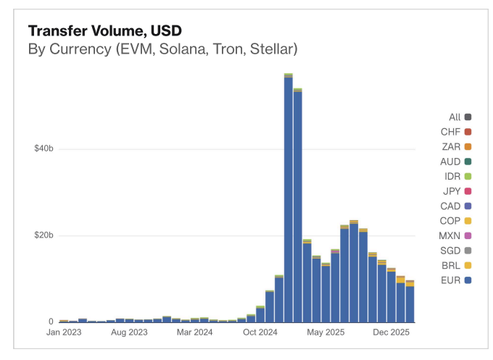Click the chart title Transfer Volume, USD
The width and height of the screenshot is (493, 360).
[x=105, y=31]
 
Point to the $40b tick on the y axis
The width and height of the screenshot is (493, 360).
[x=43, y=148]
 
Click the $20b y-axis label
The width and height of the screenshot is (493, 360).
[x=43, y=235]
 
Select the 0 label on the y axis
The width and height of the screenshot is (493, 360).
[x=51, y=322]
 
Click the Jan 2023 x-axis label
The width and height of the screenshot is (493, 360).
[x=64, y=332]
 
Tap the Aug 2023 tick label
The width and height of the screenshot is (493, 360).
[x=129, y=332]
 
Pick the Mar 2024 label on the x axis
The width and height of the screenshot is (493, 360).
[x=194, y=332]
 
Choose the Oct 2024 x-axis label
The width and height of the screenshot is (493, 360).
[x=260, y=332]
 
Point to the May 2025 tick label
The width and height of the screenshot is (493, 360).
[x=326, y=332]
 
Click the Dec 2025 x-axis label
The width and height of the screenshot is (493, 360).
[x=391, y=332]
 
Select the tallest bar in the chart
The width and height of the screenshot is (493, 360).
[x=289, y=198]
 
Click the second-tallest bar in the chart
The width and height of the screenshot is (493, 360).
[x=298, y=206]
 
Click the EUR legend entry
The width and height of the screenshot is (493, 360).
[x=456, y=280]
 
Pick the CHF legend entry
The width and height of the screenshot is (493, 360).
[x=456, y=132]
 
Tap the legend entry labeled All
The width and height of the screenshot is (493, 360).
[x=460, y=117]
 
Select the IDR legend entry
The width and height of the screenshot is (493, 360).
[x=457, y=177]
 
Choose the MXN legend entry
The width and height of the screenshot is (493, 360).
[x=455, y=235]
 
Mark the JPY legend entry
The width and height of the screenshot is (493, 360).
[x=457, y=191]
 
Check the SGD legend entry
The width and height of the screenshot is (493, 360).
[x=456, y=251]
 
